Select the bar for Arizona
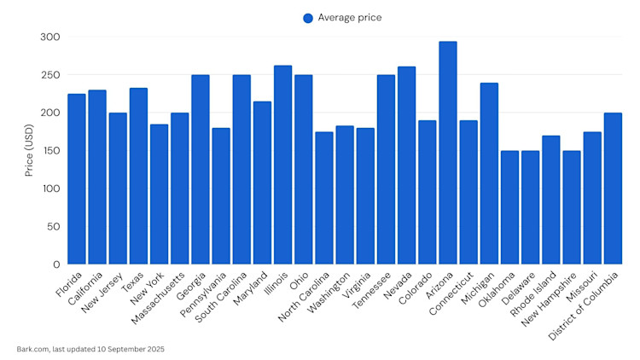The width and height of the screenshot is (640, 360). tap(448, 154)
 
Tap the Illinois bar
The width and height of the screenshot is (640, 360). tap(282, 165)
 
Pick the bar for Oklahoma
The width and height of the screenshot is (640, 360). tap(510, 208)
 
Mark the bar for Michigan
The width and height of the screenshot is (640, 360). tap(489, 174)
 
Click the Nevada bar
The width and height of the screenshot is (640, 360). tap(406, 165)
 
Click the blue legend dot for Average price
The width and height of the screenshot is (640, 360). tap(308, 18)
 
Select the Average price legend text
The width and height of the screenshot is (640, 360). tap(350, 18)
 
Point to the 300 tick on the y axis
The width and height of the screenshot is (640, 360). tap(50, 37)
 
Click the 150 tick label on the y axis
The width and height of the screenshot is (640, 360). tap(50, 151)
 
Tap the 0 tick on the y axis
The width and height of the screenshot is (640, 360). tap(56, 264)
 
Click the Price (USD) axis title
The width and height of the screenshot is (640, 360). tap(29, 150)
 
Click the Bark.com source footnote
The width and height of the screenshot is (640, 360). tap(90, 349)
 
